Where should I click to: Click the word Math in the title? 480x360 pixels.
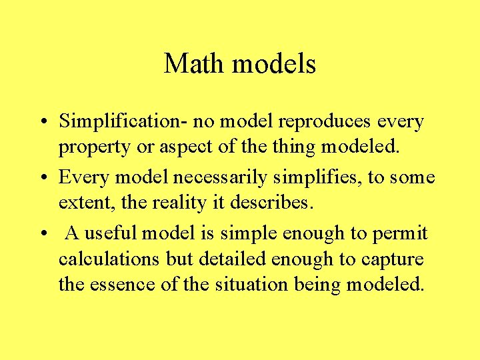191,64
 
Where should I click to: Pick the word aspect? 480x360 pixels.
175,147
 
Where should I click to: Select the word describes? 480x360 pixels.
275,202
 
